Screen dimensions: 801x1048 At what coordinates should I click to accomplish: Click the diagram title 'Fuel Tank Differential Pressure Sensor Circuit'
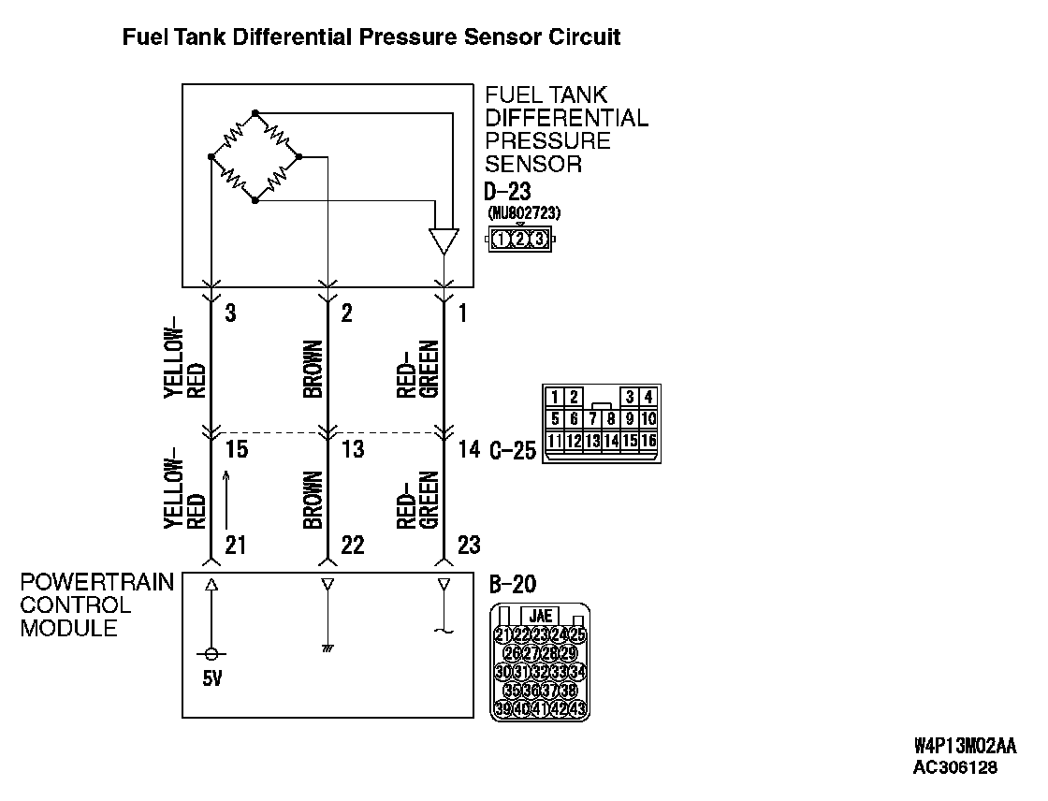click(x=371, y=38)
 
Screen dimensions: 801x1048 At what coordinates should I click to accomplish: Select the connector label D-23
click(x=508, y=191)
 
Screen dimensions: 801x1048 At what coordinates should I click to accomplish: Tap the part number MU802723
click(x=524, y=213)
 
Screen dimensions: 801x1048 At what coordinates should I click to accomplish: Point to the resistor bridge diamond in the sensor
click(x=255, y=156)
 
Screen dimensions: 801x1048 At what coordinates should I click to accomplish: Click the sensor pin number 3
click(x=230, y=313)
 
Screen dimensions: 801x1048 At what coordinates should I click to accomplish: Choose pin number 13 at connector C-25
click(x=353, y=450)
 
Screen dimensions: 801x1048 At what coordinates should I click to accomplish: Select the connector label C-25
click(x=513, y=451)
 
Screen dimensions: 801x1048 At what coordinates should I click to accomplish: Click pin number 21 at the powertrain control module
click(x=236, y=544)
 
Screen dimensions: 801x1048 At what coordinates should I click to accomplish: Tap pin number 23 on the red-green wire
click(x=468, y=544)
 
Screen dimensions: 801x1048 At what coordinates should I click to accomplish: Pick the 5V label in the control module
click(x=212, y=678)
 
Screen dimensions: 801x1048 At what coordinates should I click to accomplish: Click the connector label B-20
click(x=513, y=586)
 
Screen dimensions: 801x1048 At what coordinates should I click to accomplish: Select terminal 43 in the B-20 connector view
click(x=577, y=707)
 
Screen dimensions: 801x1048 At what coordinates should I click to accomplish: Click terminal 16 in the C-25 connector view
click(x=648, y=440)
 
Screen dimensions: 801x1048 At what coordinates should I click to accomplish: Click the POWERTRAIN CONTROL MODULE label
click(x=96, y=604)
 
